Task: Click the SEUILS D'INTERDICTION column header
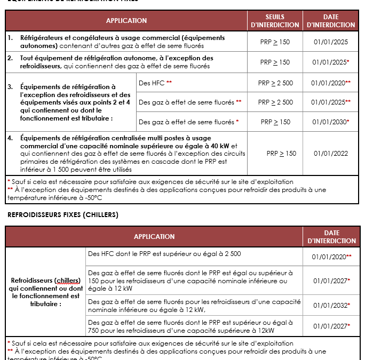(275, 21)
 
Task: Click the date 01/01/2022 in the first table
(331, 154)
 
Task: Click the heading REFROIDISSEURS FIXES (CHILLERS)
(62, 215)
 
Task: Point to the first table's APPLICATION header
(126, 21)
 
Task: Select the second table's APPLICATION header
(154, 237)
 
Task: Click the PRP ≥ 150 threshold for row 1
(275, 42)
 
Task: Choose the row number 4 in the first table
(11, 138)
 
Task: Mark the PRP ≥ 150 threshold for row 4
(281, 154)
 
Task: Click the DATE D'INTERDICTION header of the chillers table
(331, 237)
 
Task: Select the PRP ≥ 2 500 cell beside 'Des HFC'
(275, 83)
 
